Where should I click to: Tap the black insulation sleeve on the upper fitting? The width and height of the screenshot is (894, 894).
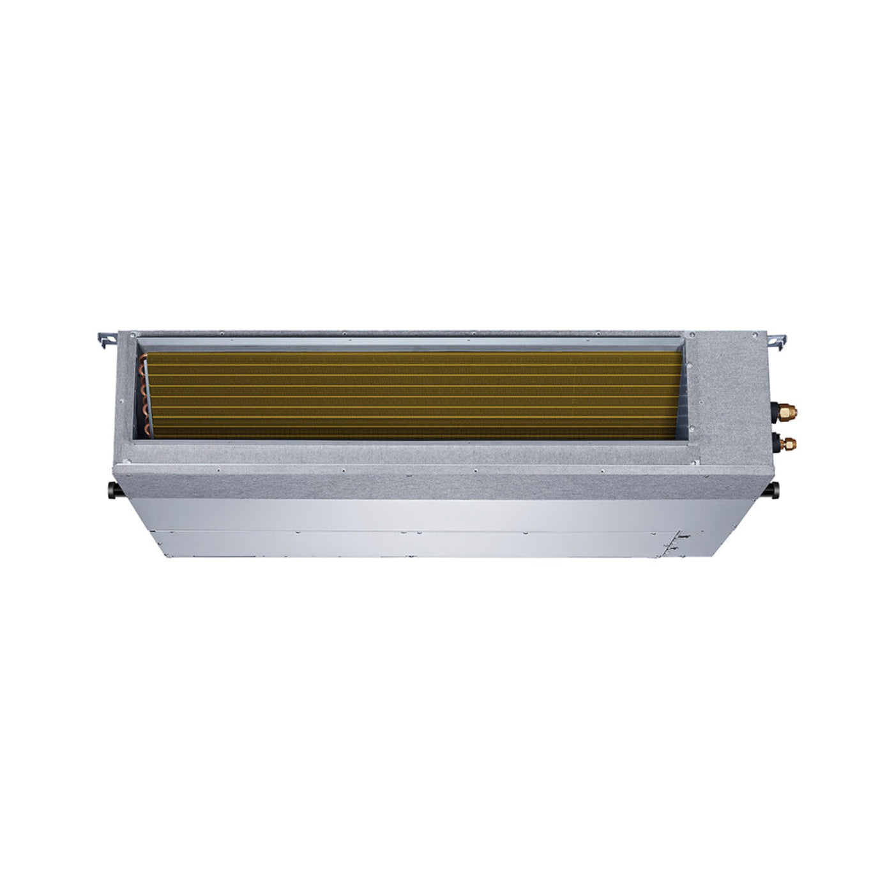776,407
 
